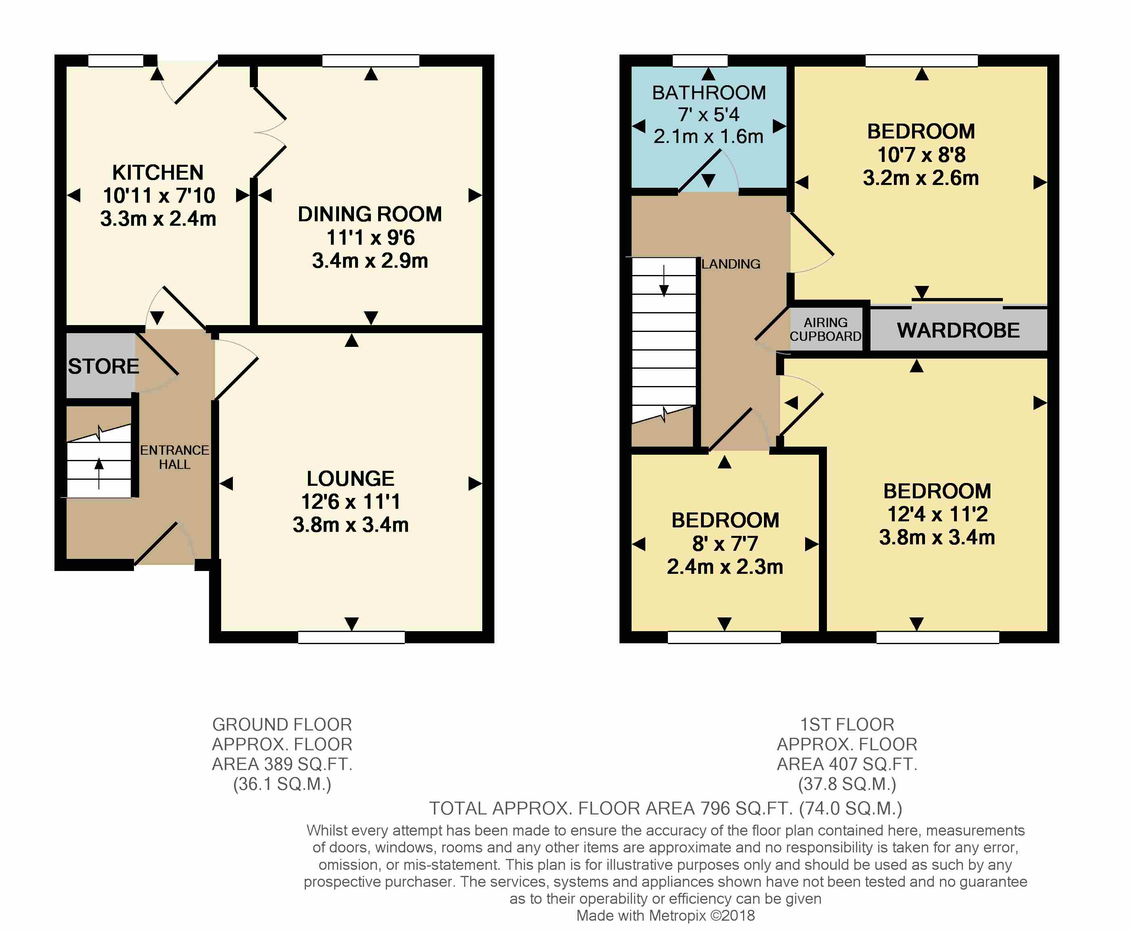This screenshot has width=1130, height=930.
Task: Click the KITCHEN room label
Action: coord(158,172)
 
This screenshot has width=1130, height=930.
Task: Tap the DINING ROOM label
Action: coord(370,214)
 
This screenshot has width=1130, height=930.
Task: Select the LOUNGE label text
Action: coord(351,479)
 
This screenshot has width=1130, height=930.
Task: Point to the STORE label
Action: coord(103,366)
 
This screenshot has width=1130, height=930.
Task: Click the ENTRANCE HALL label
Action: coord(174,457)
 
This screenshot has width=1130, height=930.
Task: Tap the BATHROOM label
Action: coord(709,93)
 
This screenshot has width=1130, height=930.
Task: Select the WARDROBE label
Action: coord(958,331)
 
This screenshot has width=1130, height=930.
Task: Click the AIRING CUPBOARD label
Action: coord(825,330)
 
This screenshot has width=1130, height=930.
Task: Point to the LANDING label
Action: coord(731,264)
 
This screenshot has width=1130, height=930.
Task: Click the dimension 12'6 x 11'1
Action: coord(351,502)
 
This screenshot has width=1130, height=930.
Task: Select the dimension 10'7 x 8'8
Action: coord(921,155)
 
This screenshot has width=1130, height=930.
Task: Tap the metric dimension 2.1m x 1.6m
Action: coord(708,136)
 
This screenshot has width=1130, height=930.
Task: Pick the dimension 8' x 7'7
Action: coord(725,544)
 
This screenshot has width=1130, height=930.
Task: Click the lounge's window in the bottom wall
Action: coord(351,637)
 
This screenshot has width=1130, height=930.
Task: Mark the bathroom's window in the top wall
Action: coord(700,61)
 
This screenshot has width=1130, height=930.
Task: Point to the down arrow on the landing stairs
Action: coord(664,280)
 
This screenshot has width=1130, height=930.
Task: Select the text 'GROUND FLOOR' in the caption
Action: coord(282,724)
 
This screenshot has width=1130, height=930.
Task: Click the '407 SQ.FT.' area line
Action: coord(847,764)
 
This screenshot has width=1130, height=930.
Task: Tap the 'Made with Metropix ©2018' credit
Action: coord(665,915)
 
